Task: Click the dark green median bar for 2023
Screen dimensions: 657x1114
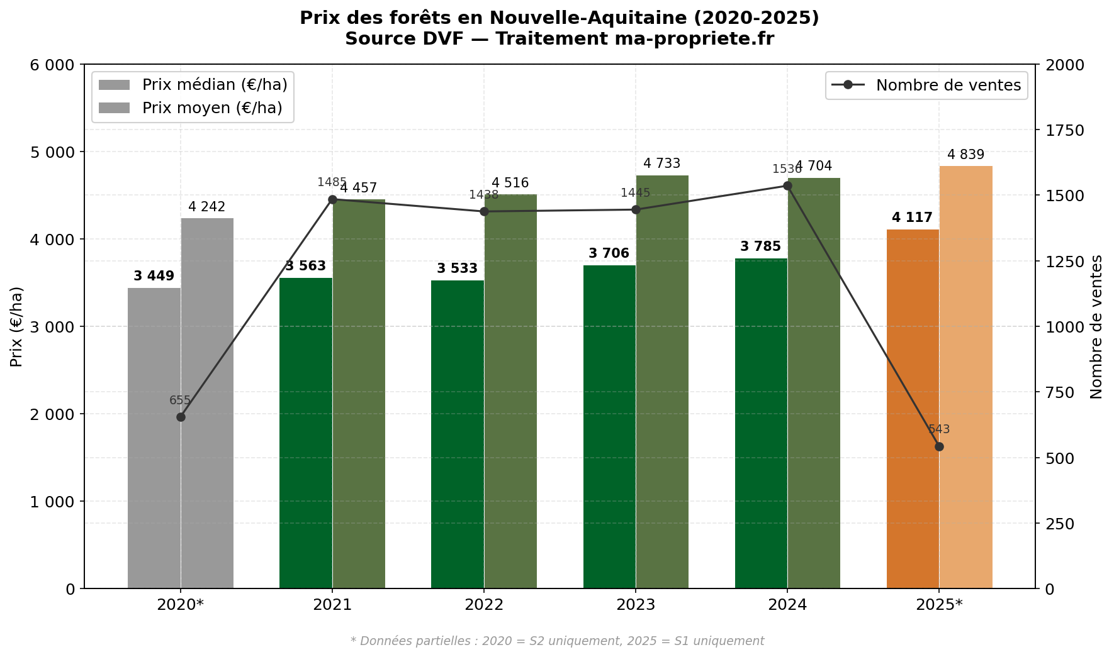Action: coord(609,428)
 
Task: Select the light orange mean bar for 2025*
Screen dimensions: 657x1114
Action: coord(965,377)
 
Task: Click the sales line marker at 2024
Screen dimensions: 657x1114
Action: coord(787,185)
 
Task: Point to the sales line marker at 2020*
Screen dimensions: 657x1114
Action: coord(181,417)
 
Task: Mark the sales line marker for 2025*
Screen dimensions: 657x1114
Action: coord(939,446)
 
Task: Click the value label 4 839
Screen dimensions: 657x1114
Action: coord(965,155)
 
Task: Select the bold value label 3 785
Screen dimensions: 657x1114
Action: coord(760,246)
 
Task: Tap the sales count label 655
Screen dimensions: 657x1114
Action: coord(180,400)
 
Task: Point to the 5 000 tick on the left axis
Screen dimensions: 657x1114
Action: coord(52,152)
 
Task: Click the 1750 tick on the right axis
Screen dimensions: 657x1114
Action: coord(1064,130)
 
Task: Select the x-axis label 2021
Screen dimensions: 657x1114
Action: coord(332,605)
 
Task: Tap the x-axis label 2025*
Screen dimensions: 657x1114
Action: coord(939,605)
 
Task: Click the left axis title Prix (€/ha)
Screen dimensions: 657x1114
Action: coord(17,326)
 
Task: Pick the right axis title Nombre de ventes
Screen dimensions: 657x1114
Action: coord(1096,326)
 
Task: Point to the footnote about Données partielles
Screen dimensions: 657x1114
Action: coord(557,641)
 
